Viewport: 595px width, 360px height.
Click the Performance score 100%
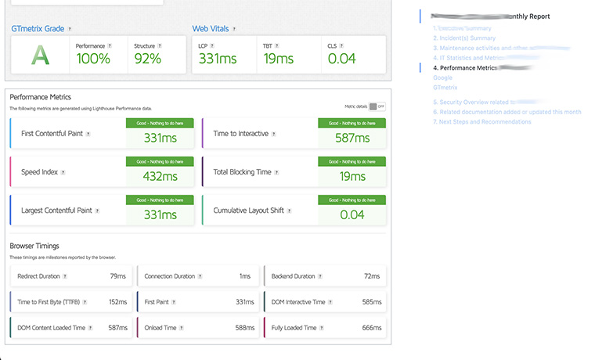tap(93, 58)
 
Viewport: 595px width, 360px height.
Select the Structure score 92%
tap(149, 58)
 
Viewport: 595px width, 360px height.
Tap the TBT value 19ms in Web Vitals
tap(278, 58)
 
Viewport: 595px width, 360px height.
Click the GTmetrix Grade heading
tap(38, 29)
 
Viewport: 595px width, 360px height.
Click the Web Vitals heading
tap(211, 29)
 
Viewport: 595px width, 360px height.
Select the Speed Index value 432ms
tap(161, 177)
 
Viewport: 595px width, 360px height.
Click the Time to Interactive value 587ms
tap(352, 138)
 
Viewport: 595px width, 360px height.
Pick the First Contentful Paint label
tap(52, 134)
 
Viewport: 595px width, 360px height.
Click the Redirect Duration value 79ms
tap(117, 276)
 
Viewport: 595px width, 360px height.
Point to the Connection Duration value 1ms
tap(245, 276)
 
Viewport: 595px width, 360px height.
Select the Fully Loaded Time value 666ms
tap(371, 329)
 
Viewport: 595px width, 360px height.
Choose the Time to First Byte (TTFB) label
tap(48, 302)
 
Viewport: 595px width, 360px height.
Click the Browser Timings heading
tap(34, 246)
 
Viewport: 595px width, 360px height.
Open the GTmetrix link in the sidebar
tap(445, 88)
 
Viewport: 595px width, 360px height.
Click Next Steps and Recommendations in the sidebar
tap(491, 122)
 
